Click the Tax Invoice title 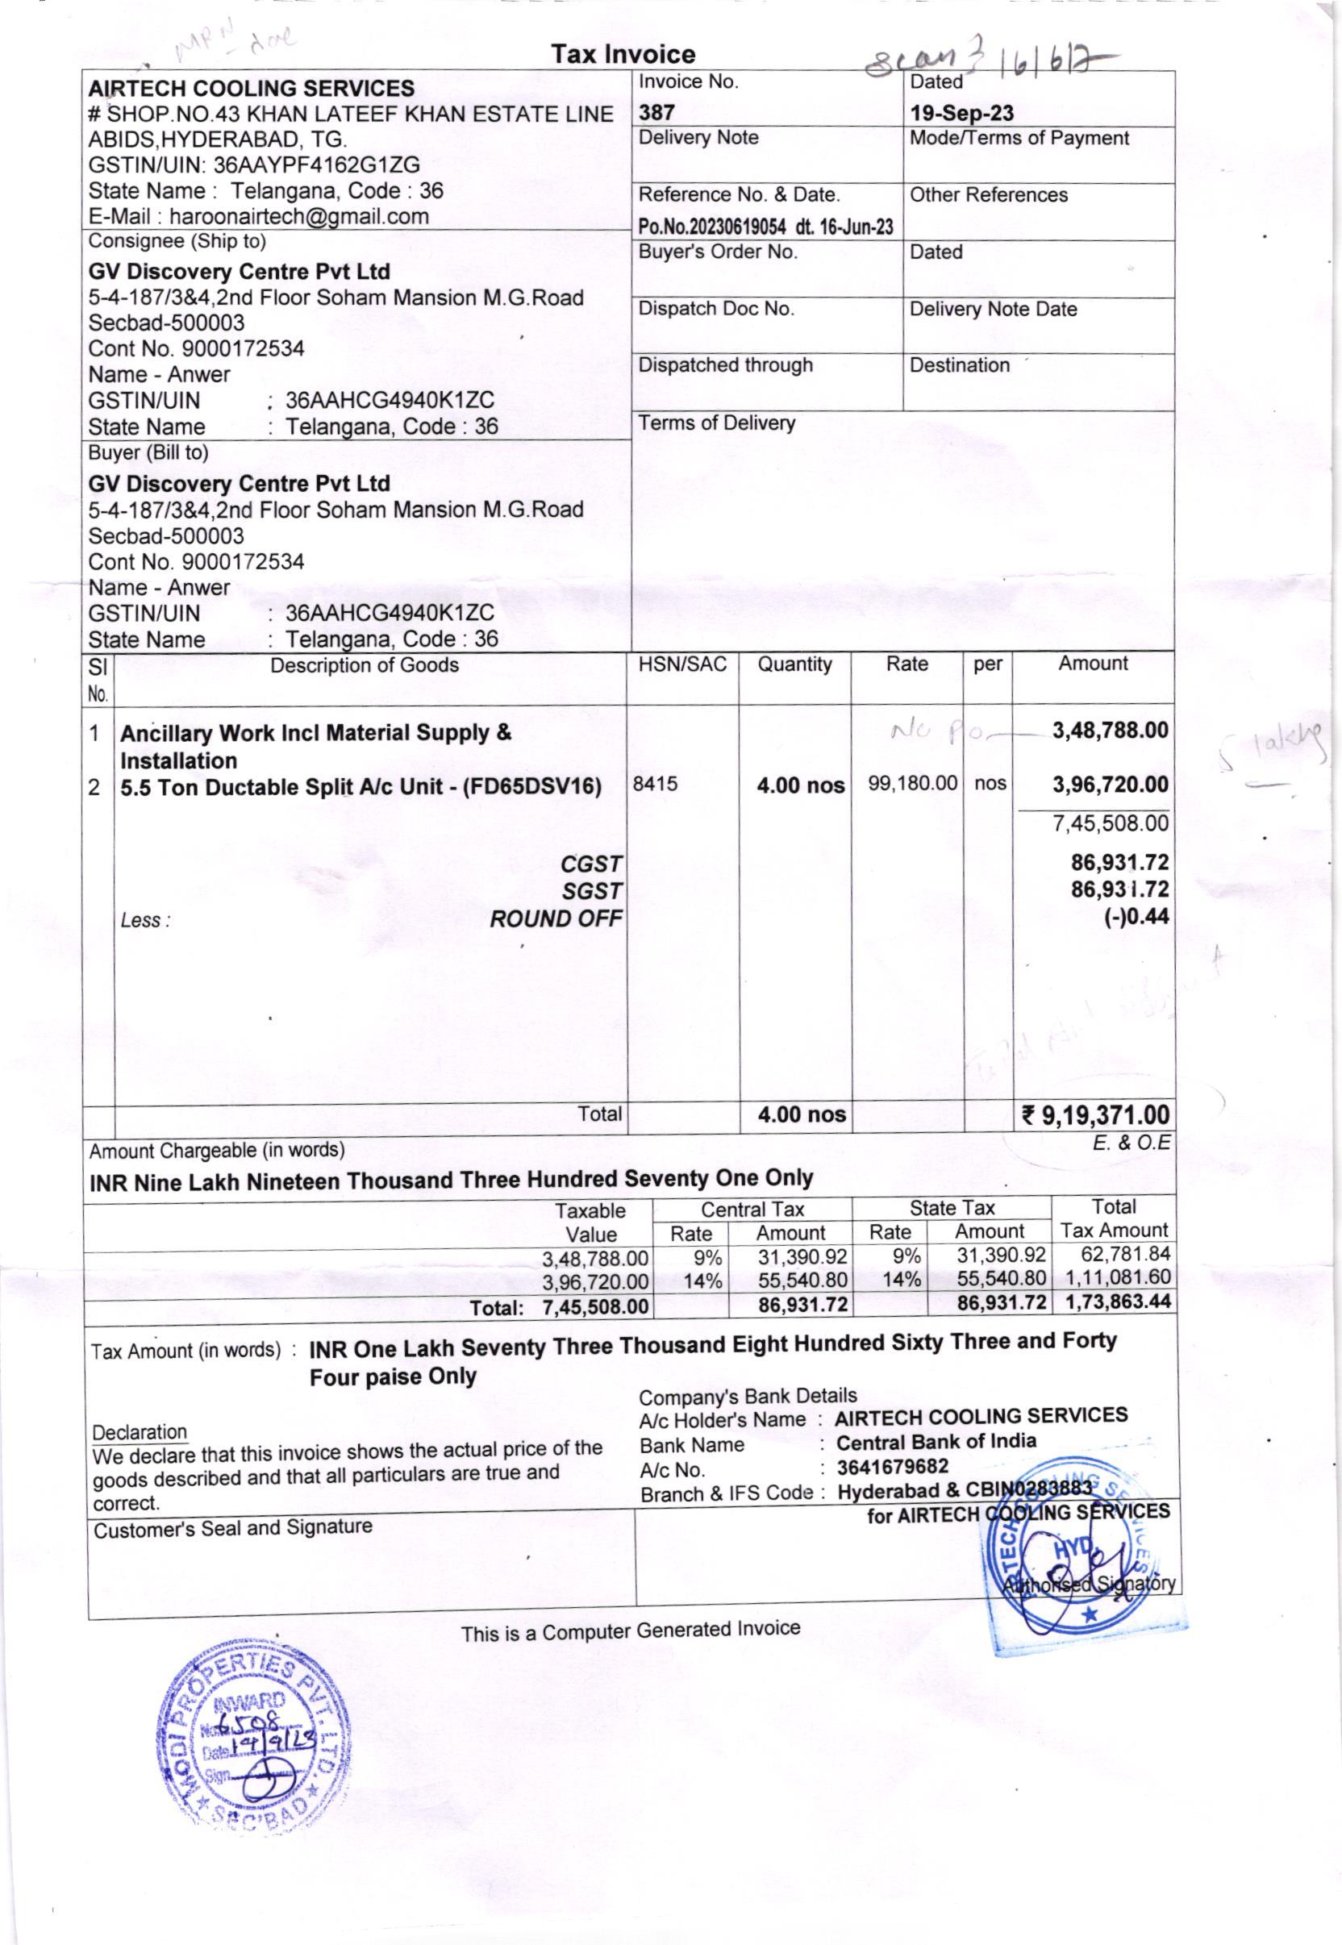tap(623, 55)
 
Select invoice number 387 tap(656, 113)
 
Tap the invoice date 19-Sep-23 tap(961, 114)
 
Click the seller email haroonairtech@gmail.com tap(298, 217)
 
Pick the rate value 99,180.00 tap(912, 783)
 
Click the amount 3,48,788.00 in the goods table tap(1110, 731)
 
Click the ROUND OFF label tap(556, 918)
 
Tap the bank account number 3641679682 tap(892, 1467)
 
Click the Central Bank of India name tap(936, 1442)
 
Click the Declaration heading tap(140, 1432)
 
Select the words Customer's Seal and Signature tap(232, 1527)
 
